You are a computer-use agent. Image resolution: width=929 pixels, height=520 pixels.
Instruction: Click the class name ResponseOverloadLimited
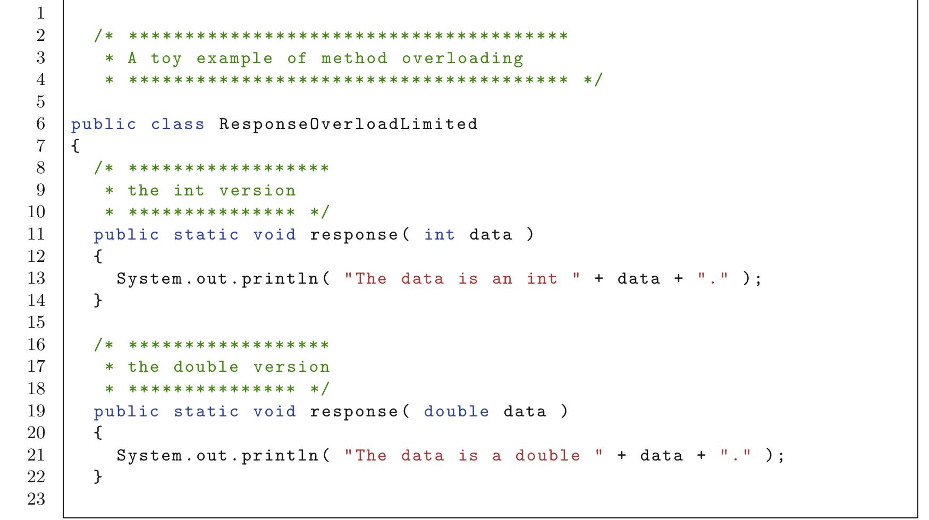[349, 124]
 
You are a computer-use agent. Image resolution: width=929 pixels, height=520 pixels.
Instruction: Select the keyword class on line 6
[178, 124]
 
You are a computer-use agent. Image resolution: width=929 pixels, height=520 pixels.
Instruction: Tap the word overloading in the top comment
[462, 58]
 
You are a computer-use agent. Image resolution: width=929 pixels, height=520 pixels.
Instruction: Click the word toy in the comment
[166, 58]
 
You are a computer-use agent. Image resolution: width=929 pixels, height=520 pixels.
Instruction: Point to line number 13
[37, 278]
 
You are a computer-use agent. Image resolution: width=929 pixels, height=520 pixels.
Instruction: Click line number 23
[37, 499]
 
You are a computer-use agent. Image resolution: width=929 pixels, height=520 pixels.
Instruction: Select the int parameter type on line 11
[440, 234]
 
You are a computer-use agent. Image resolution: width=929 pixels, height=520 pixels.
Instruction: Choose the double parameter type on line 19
[457, 411]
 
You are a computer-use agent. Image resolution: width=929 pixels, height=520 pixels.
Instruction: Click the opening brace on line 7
[75, 146]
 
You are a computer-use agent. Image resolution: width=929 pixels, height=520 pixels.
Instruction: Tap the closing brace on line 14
[98, 301]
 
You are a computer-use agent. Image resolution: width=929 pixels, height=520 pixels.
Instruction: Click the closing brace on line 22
[98, 477]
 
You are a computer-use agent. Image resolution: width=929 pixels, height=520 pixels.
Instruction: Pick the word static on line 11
[206, 234]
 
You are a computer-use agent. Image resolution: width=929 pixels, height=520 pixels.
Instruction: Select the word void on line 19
[274, 411]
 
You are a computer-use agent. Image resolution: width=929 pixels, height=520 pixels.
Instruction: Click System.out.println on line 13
[217, 279]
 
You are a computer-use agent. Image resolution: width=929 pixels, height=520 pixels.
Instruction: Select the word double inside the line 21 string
[547, 455]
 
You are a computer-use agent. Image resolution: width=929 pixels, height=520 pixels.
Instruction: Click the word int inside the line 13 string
[542, 278]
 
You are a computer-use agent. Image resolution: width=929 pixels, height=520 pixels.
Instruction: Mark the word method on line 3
[354, 58]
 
